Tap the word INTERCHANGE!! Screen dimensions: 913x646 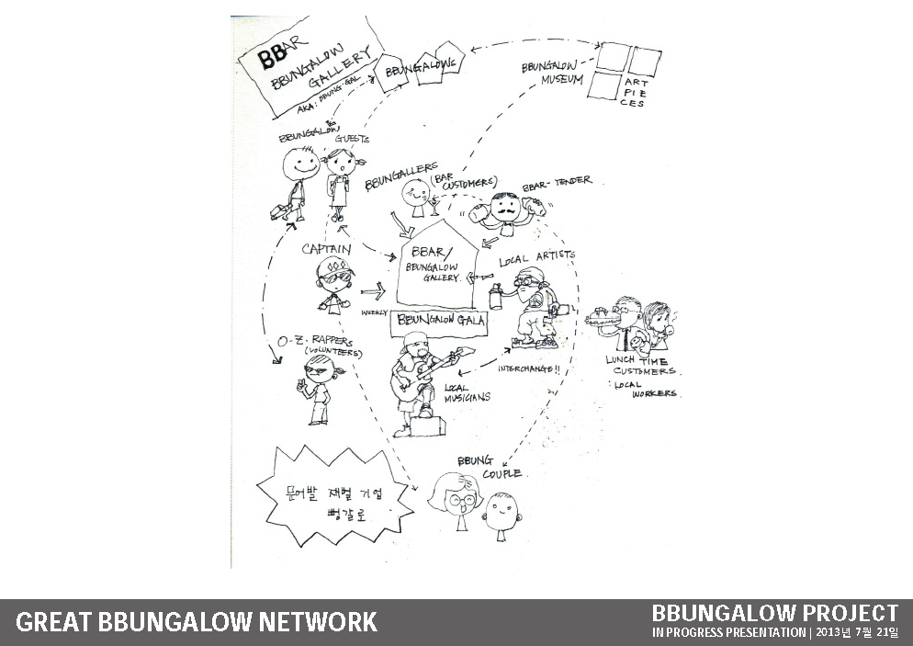530,368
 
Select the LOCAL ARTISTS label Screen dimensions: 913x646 537,258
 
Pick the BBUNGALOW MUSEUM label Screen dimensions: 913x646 552,74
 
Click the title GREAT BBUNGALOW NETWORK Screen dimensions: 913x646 197,622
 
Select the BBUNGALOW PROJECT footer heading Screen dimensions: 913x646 774,612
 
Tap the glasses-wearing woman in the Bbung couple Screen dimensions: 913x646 455,502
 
